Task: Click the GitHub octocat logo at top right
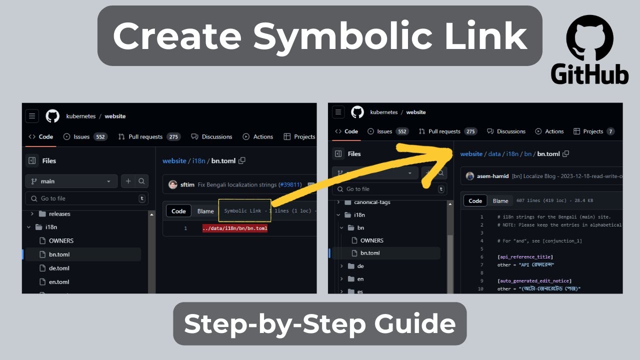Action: pyautogui.click(x=589, y=37)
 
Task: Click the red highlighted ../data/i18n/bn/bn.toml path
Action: pyautogui.click(x=235, y=228)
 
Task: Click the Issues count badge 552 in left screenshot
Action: pyautogui.click(x=100, y=136)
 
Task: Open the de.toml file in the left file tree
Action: pyautogui.click(x=59, y=268)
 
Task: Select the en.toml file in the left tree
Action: pyautogui.click(x=59, y=282)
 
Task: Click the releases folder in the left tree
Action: pyautogui.click(x=59, y=214)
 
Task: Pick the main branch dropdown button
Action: pyautogui.click(x=71, y=181)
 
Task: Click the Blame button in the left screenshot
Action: pyautogui.click(x=205, y=211)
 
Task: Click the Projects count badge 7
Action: pyautogui.click(x=610, y=131)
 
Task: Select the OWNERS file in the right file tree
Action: pyautogui.click(x=371, y=240)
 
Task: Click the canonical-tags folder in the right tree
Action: pyautogui.click(x=372, y=202)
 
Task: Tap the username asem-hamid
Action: pyautogui.click(x=492, y=176)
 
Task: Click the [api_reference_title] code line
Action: pyautogui.click(x=525, y=257)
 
